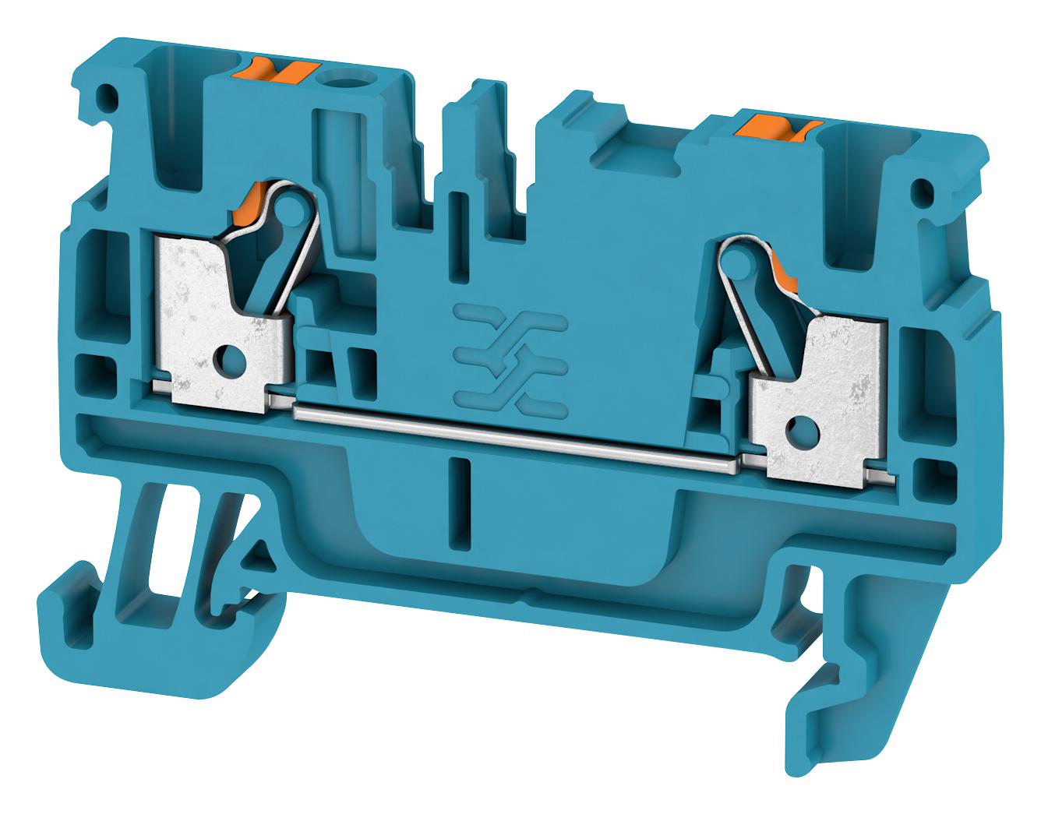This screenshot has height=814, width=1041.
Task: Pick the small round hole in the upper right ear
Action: coord(925,189)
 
